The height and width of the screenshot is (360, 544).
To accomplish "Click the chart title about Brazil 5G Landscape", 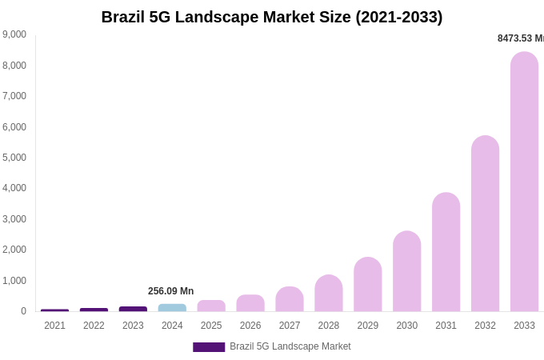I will pos(272,17).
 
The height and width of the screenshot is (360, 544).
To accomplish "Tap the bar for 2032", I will pos(485,224).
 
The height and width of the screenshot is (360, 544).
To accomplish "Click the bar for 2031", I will pos(446,252).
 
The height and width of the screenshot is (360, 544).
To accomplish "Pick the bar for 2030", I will pos(406,271).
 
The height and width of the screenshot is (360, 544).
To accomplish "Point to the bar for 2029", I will pos(367,285).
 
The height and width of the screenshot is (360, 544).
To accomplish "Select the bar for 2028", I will pos(328,294).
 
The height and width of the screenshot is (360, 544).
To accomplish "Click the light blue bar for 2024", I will pos(172,308).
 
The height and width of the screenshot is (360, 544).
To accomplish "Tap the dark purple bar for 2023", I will pos(133,309).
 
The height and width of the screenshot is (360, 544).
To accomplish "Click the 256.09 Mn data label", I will pos(170,291).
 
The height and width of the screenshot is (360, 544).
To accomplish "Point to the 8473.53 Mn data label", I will pos(520,38).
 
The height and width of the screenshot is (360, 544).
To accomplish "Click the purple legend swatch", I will pos(209,347).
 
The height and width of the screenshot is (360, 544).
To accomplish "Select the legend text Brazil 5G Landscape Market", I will pos(290,346).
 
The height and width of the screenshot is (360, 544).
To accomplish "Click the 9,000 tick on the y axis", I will pos(14,34).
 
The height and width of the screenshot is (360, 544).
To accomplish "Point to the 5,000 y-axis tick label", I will pos(14,158).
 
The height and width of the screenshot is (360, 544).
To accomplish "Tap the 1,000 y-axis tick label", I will pos(14,281).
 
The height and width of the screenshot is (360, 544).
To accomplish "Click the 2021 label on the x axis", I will pos(54,326).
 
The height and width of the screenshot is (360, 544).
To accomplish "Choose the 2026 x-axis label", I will pos(250,326).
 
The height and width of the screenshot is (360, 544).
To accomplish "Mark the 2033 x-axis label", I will pos(524,326).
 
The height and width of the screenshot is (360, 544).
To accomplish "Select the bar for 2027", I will pos(290,299).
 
